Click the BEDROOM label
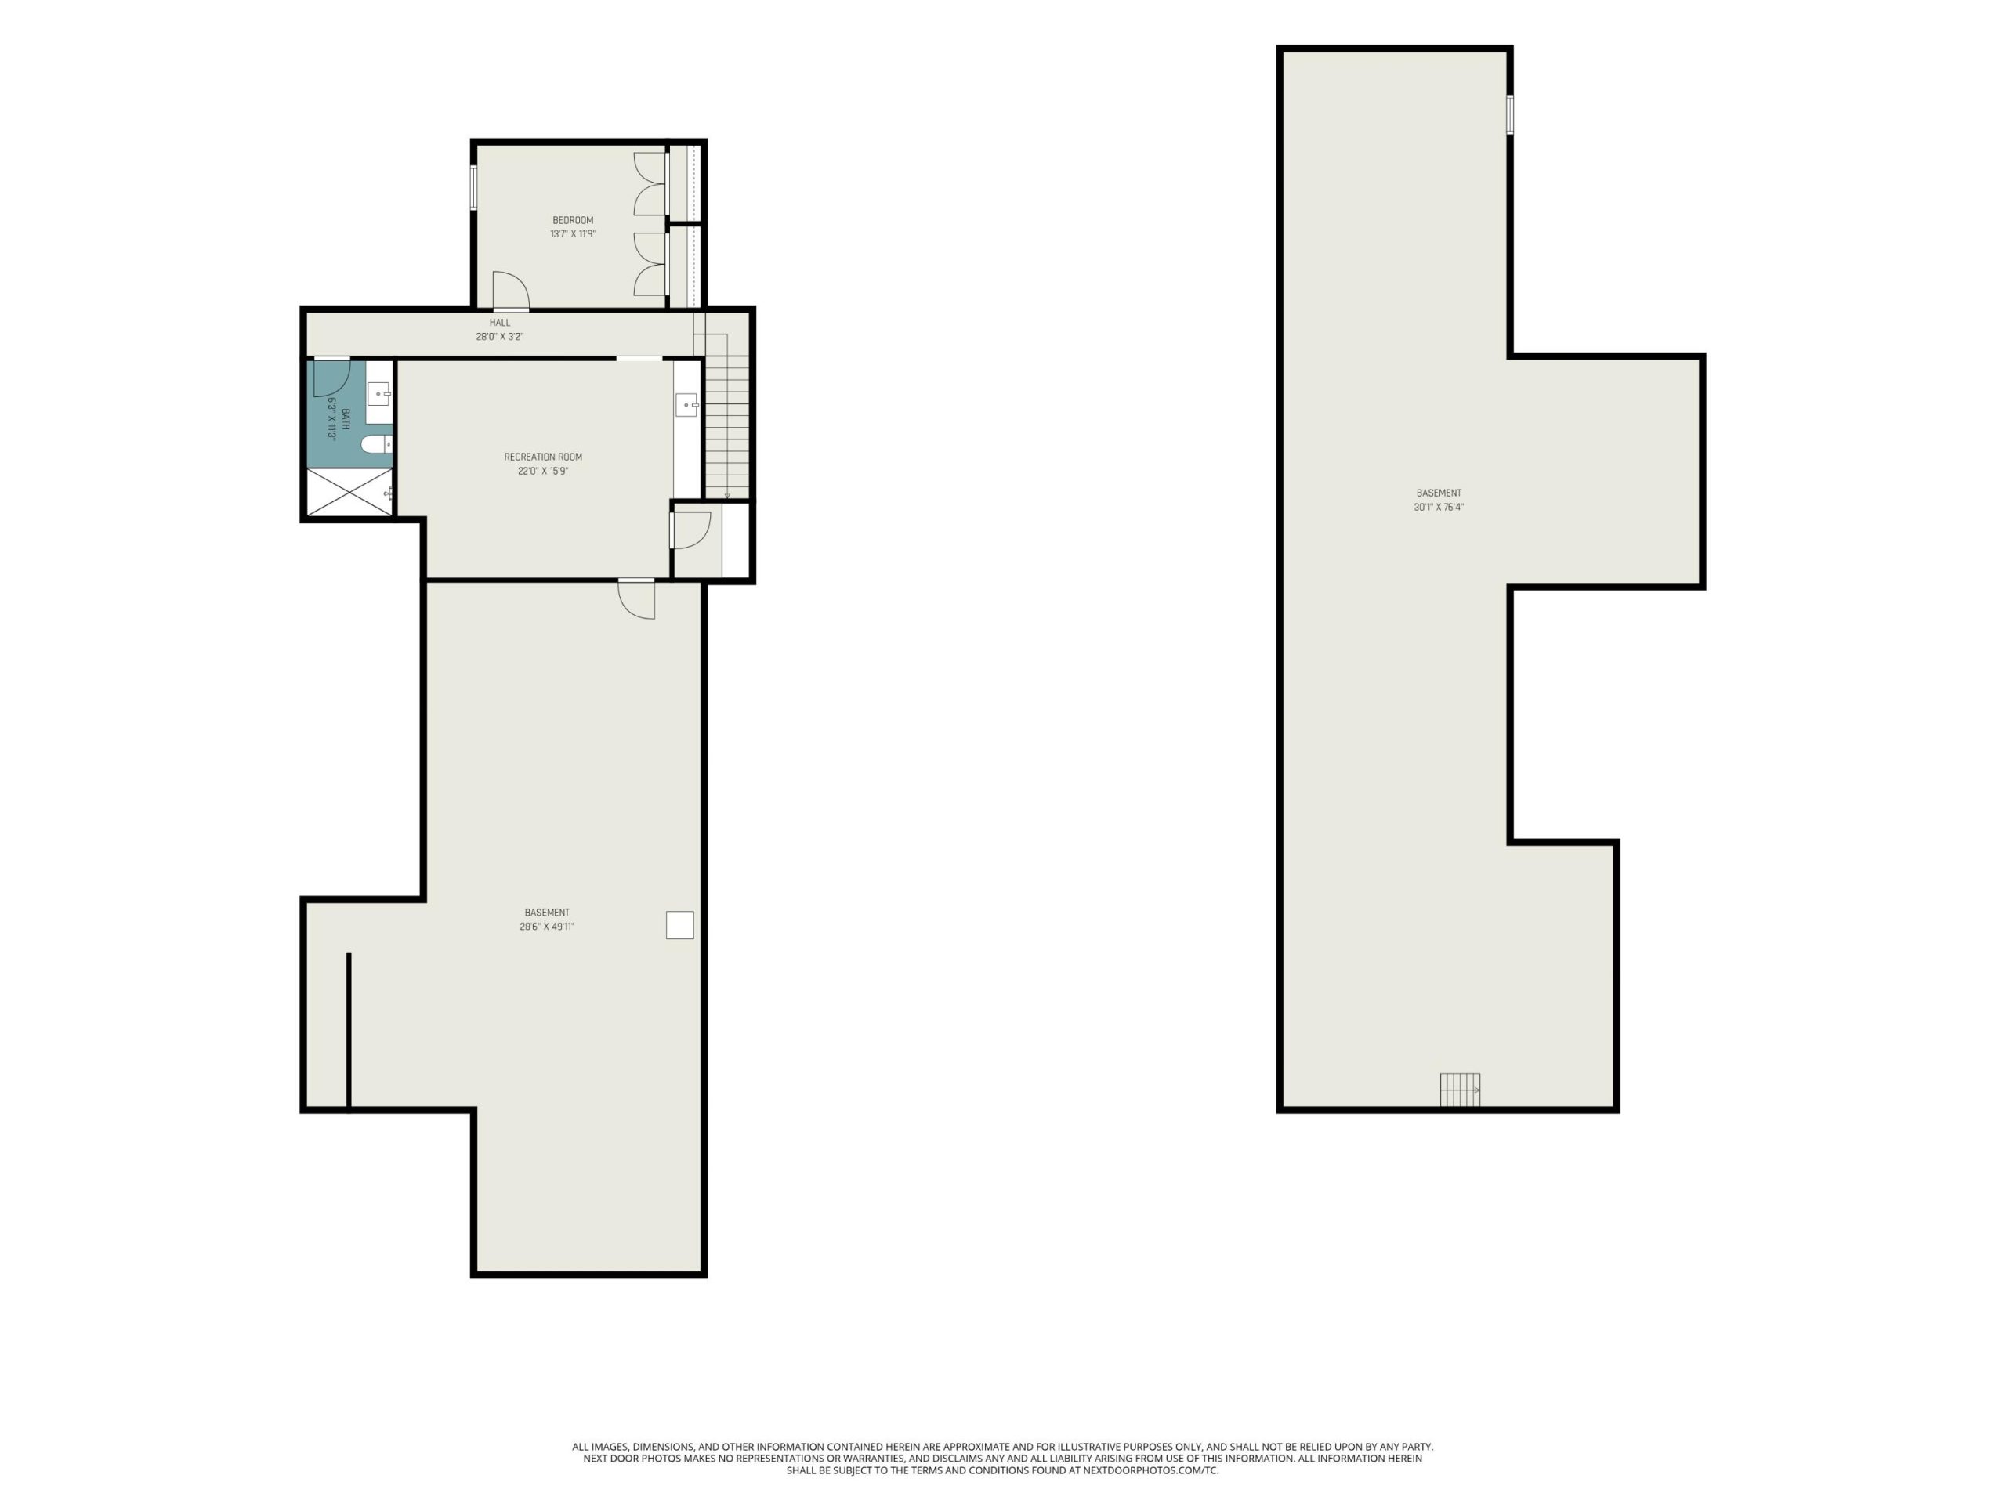click(x=573, y=220)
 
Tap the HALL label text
click(x=500, y=323)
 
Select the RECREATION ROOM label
click(x=543, y=457)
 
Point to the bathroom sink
click(x=379, y=394)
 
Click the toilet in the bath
click(x=376, y=444)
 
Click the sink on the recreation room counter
click(x=686, y=404)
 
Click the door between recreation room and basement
click(x=636, y=599)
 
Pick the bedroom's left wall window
click(x=473, y=188)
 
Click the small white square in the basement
click(x=680, y=924)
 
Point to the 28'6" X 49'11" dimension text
click(x=547, y=927)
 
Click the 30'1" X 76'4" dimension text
click(x=1439, y=508)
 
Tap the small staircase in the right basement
click(x=1460, y=1090)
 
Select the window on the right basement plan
click(x=1510, y=115)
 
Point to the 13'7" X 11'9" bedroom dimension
click(x=573, y=234)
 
